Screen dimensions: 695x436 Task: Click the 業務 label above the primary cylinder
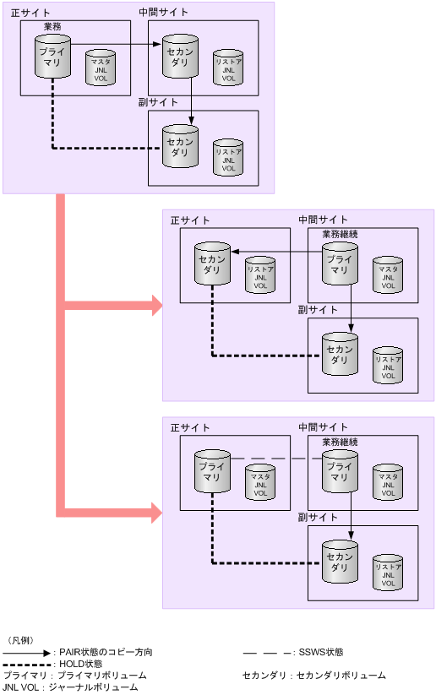pyautogui.click(x=52, y=27)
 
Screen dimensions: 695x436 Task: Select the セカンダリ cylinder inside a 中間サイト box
pyautogui.click(x=180, y=55)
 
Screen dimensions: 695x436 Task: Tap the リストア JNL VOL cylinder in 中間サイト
pyautogui.click(x=228, y=67)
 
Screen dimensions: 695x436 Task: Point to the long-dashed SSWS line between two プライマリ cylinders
pyautogui.click(x=275, y=459)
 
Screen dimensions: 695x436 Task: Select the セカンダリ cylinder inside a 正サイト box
pyautogui.click(x=211, y=263)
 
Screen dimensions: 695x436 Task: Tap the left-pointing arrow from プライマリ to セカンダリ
pyautogui.click(x=276, y=250)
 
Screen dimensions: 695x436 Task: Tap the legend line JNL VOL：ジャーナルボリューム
pyautogui.click(x=70, y=688)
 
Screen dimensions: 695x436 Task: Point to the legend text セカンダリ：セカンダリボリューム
pyautogui.click(x=313, y=676)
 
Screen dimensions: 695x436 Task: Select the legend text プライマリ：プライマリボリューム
pyautogui.click(x=74, y=676)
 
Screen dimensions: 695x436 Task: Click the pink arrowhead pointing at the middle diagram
pyautogui.click(x=156, y=306)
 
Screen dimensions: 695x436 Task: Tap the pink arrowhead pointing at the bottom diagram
pyautogui.click(x=156, y=511)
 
